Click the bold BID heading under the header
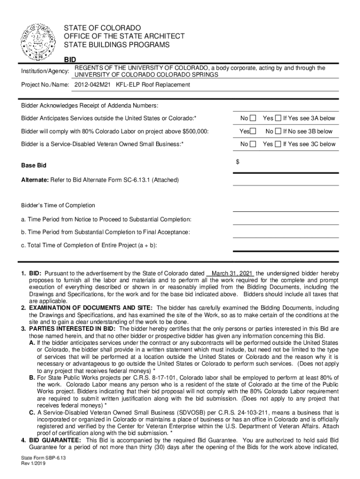click(x=70, y=60)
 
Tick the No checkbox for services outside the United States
click(x=253, y=118)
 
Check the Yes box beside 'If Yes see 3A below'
click(x=278, y=118)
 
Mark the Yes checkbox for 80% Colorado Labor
click(x=253, y=131)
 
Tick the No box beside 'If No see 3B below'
click(x=278, y=131)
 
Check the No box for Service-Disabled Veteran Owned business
click(x=253, y=144)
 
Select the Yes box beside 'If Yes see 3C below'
click(x=278, y=144)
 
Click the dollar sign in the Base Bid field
click(x=238, y=161)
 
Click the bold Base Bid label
click(x=34, y=166)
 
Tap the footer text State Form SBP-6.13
click(x=40, y=460)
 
